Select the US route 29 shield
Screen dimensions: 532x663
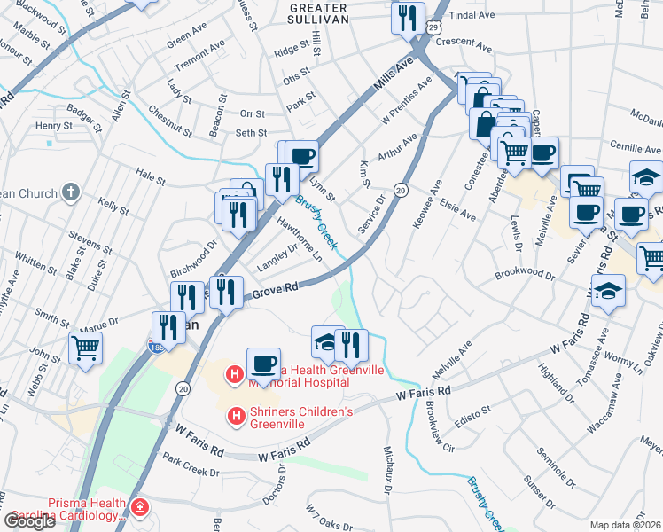pyautogui.click(x=433, y=27)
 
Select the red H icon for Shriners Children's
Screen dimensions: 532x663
pyautogui.click(x=236, y=414)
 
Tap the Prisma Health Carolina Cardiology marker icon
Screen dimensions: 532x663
pyautogui.click(x=138, y=508)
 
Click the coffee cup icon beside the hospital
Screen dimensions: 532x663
pyautogui.click(x=263, y=364)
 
